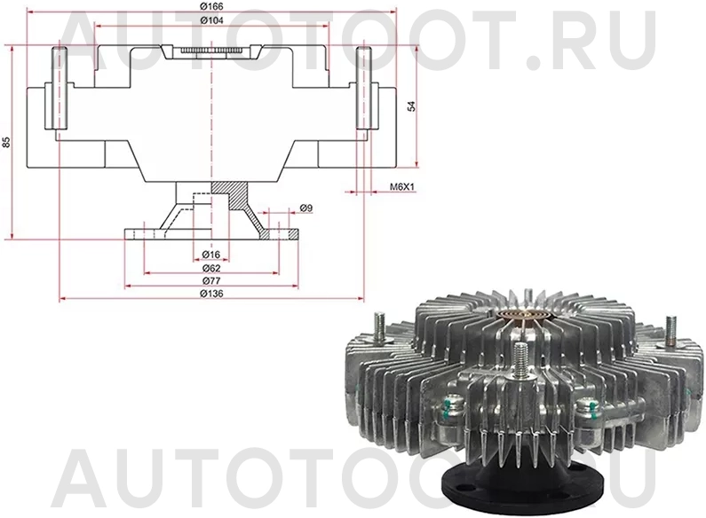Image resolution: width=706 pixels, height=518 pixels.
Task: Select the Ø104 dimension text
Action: pos(210,20)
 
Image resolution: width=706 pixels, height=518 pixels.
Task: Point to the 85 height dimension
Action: pos(7,142)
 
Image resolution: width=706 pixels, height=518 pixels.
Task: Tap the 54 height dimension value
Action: pos(410,106)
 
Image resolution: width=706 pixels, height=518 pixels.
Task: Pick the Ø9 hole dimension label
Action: pos(305,208)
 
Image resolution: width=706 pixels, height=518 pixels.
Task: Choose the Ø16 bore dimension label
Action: pos(210,255)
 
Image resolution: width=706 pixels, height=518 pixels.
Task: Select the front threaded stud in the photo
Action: pos(518,367)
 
